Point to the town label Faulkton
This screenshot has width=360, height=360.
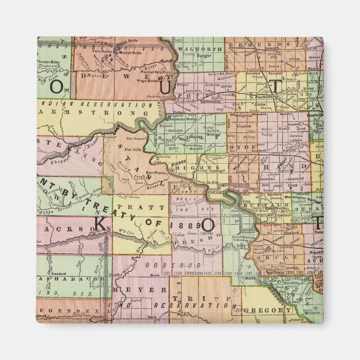pos(263,96)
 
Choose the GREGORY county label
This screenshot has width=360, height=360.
pos(267,310)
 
